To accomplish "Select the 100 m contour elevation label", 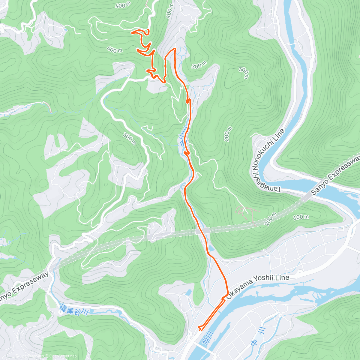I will [x=301, y=217].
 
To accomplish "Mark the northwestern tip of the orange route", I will [x=132, y=32].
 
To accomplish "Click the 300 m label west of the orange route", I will [x=129, y=139].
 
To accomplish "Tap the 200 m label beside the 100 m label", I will [x=270, y=219].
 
